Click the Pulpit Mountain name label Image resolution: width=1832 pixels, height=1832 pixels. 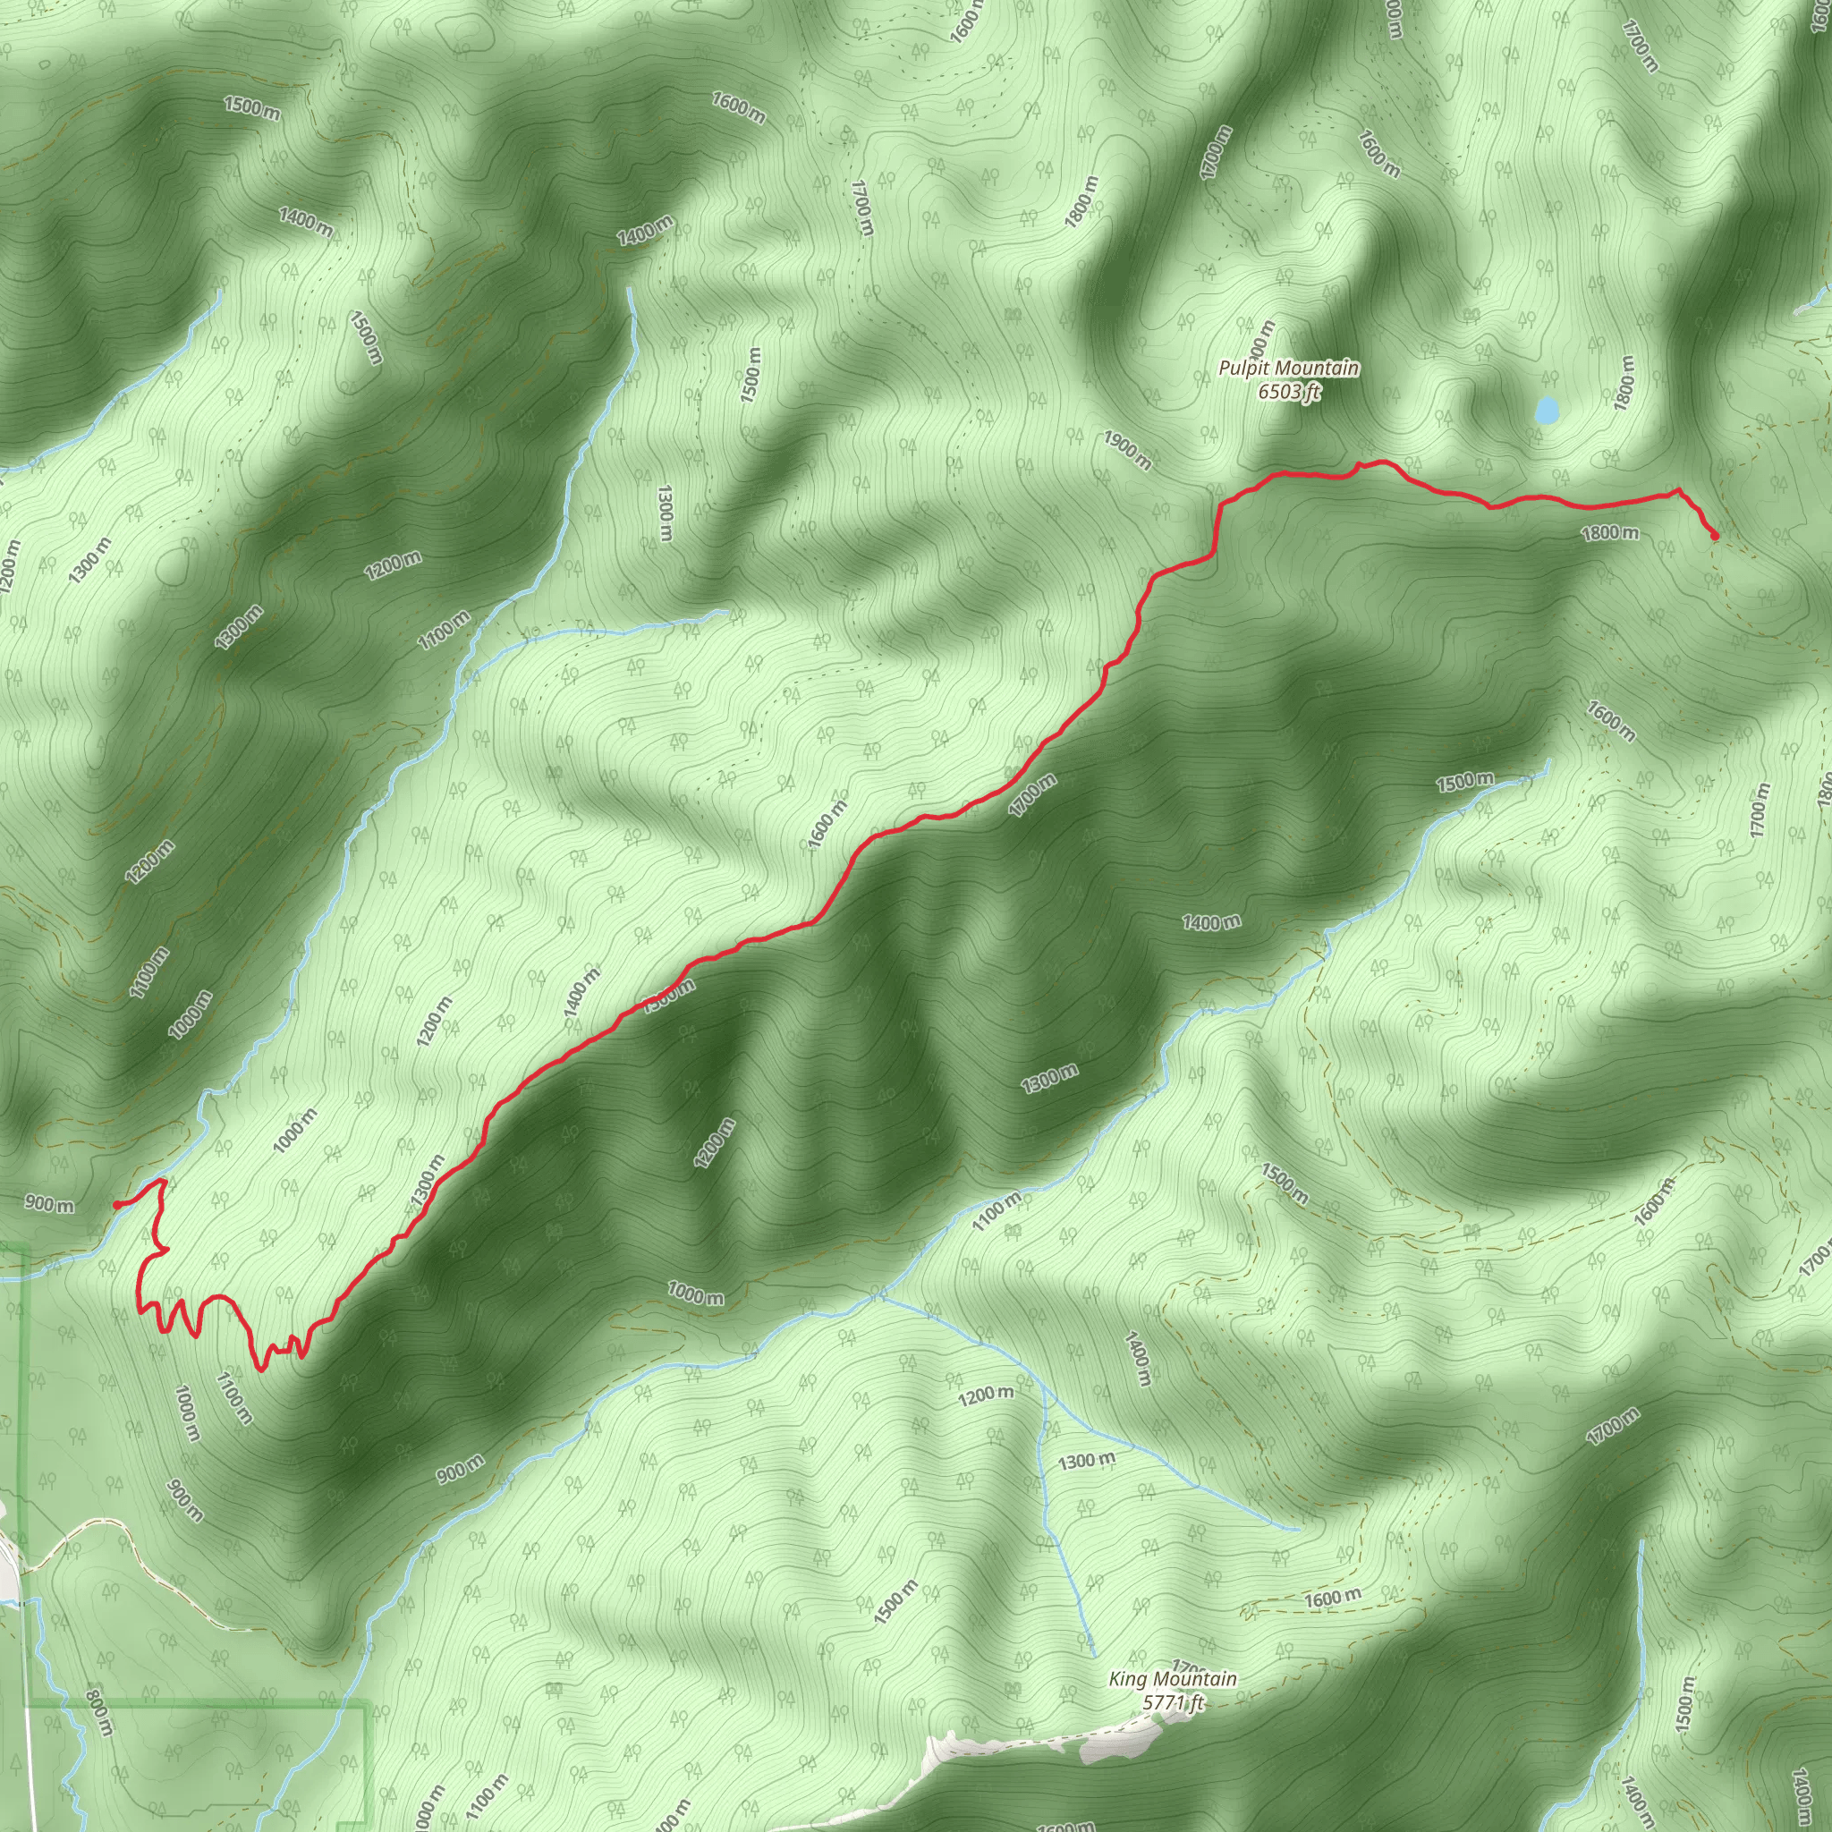(1289, 368)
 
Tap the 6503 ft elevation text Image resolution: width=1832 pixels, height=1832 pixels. (1289, 391)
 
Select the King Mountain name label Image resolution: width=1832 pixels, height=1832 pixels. (1173, 1679)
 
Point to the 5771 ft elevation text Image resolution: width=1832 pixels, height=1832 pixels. (1173, 1702)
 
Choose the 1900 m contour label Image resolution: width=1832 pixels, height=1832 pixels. (1127, 451)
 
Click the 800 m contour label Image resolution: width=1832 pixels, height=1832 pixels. (99, 1711)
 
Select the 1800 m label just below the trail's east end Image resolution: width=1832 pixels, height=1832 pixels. (1610, 533)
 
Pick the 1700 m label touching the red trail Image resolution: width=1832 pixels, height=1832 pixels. (1032, 795)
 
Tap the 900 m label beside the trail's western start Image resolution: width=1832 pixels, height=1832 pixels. (49, 1205)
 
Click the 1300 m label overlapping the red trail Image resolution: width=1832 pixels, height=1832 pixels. (428, 1181)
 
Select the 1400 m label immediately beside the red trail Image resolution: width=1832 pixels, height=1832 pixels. (582, 993)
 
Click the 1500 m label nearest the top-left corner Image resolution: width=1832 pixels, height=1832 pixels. (252, 107)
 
